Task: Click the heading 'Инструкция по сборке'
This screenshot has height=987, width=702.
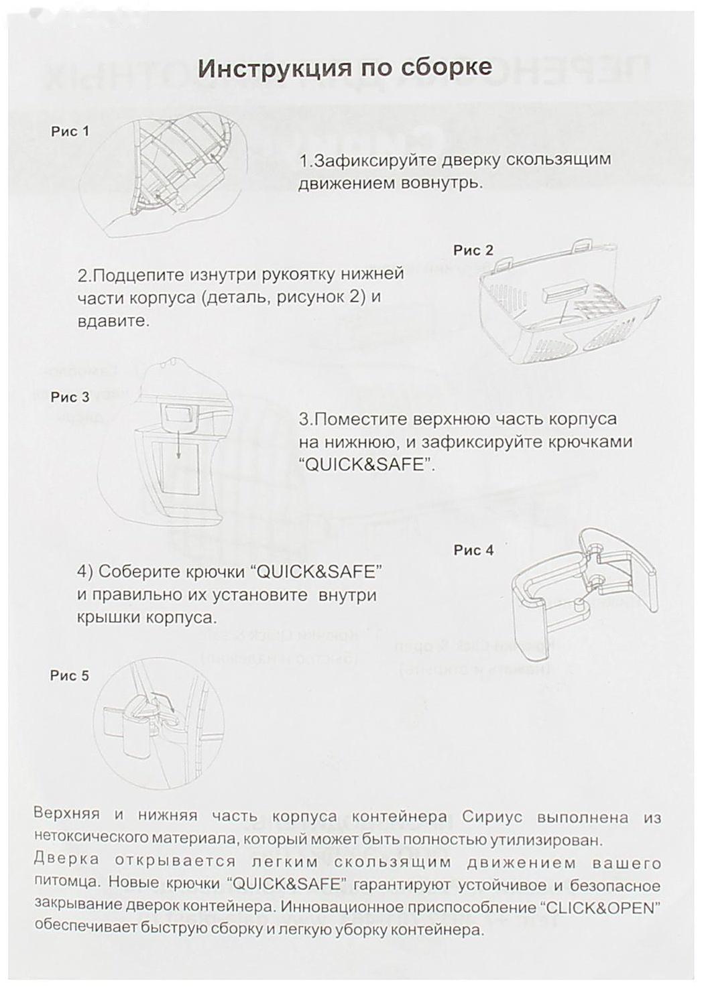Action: point(345,68)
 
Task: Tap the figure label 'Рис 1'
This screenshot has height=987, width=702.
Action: point(70,131)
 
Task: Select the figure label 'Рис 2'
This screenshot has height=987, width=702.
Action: point(473,250)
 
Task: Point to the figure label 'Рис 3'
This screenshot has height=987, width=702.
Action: point(70,397)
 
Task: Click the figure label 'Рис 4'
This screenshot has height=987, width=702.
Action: point(473,550)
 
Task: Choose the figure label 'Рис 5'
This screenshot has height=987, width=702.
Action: point(70,675)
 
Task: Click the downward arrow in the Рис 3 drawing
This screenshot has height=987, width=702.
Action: point(178,446)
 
